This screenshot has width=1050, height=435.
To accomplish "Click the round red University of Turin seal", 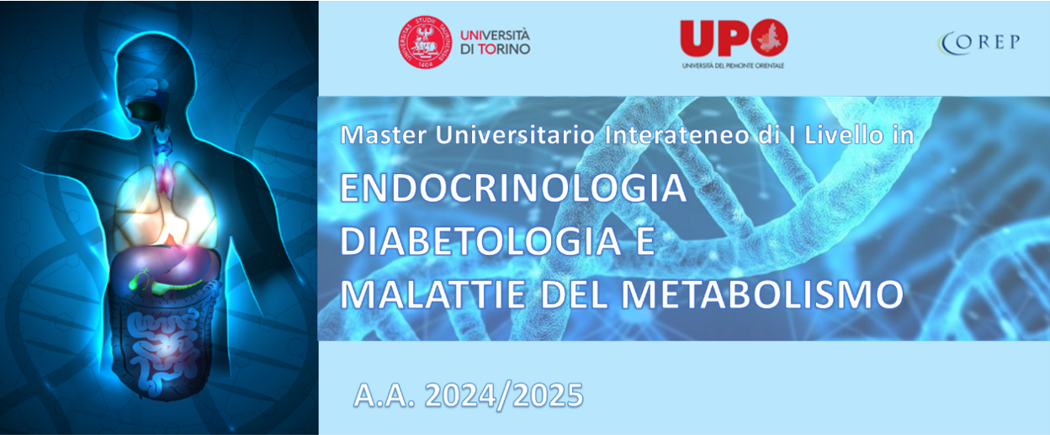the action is (425, 42).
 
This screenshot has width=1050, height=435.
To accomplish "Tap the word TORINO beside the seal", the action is (504, 49).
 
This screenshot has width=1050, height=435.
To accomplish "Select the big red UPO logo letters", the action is (734, 38).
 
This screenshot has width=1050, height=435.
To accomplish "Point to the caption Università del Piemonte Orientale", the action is (733, 66).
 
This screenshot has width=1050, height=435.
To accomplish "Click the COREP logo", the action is (978, 43).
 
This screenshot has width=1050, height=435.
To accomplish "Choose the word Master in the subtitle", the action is (384, 135).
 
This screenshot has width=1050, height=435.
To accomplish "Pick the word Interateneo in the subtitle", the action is (676, 135).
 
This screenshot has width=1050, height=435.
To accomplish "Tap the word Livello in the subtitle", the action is (844, 135).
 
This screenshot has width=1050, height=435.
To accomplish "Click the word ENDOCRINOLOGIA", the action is (513, 188).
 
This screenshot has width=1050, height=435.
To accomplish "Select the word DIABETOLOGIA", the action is (480, 241).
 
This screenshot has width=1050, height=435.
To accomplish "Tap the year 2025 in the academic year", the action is (548, 395).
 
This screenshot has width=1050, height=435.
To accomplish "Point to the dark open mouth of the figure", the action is (144, 109).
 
